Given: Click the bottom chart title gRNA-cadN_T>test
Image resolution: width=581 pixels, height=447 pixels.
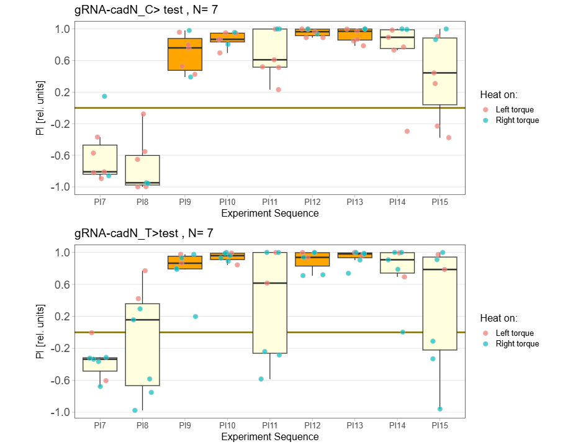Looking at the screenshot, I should tap(143, 233).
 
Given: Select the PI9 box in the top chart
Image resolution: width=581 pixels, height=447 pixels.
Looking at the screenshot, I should tap(185, 55).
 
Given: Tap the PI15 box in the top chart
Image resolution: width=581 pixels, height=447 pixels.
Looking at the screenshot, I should tap(439, 71).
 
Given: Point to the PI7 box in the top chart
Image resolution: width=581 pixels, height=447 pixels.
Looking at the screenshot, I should tap(100, 160).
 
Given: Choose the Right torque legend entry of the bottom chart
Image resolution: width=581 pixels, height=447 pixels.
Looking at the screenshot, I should tap(518, 344).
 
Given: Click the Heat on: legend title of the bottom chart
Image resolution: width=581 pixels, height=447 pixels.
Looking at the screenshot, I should tap(498, 318).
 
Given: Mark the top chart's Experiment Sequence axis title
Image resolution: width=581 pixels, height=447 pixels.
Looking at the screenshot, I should tap(270, 213).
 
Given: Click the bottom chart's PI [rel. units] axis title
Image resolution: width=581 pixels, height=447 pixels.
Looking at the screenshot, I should tap(42, 332).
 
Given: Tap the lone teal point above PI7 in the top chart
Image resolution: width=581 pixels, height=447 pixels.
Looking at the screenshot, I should tap(104, 96).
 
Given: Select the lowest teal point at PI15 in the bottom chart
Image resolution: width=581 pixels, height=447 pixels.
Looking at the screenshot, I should tap(440, 409).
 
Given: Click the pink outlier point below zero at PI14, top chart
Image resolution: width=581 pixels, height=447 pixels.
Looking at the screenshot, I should tap(407, 131).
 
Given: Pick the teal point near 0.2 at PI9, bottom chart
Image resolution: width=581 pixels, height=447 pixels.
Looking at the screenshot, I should tap(196, 317).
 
